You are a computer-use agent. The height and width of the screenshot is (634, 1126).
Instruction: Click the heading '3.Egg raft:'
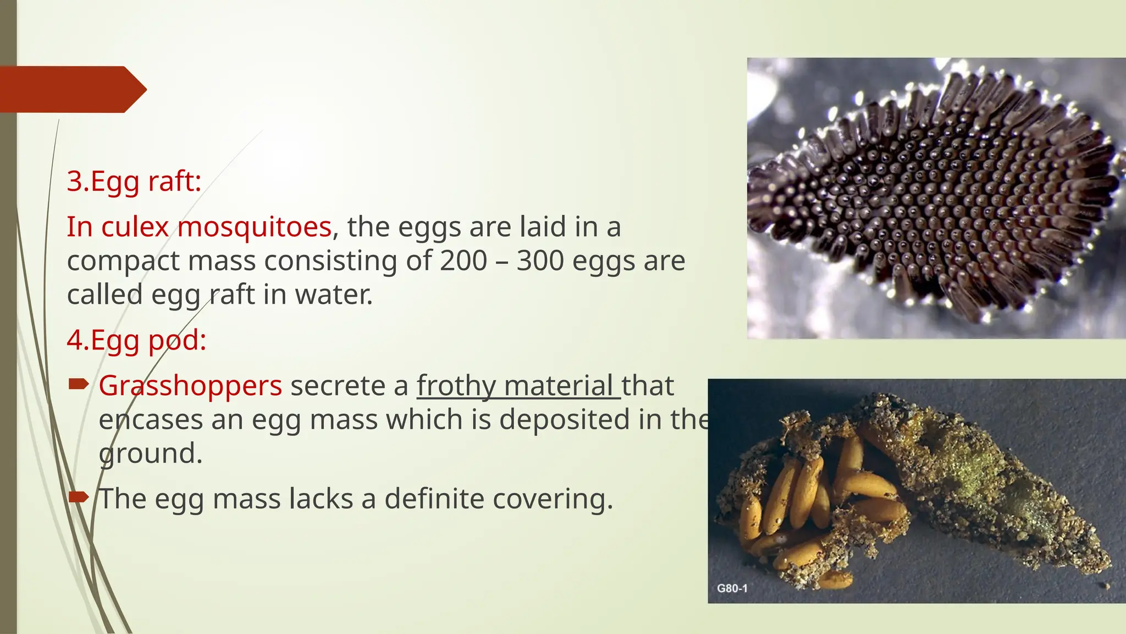134,181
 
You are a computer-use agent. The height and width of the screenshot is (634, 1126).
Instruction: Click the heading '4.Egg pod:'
136,340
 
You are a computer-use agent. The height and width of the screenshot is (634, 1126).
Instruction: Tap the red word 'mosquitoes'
255,227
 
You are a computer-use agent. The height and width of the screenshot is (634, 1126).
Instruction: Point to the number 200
463,260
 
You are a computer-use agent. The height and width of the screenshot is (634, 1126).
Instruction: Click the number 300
540,260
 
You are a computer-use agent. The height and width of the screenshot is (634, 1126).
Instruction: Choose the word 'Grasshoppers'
190,385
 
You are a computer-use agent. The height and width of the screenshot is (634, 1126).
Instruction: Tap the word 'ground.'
151,454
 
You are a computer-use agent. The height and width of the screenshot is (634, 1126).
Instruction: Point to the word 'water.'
334,294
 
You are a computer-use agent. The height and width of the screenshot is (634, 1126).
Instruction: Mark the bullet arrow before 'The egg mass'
79,498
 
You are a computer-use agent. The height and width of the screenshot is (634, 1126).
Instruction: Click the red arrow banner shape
71,89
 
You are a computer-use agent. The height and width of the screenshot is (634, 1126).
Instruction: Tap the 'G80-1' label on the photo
732,588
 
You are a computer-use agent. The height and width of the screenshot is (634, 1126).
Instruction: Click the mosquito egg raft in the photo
935,198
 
